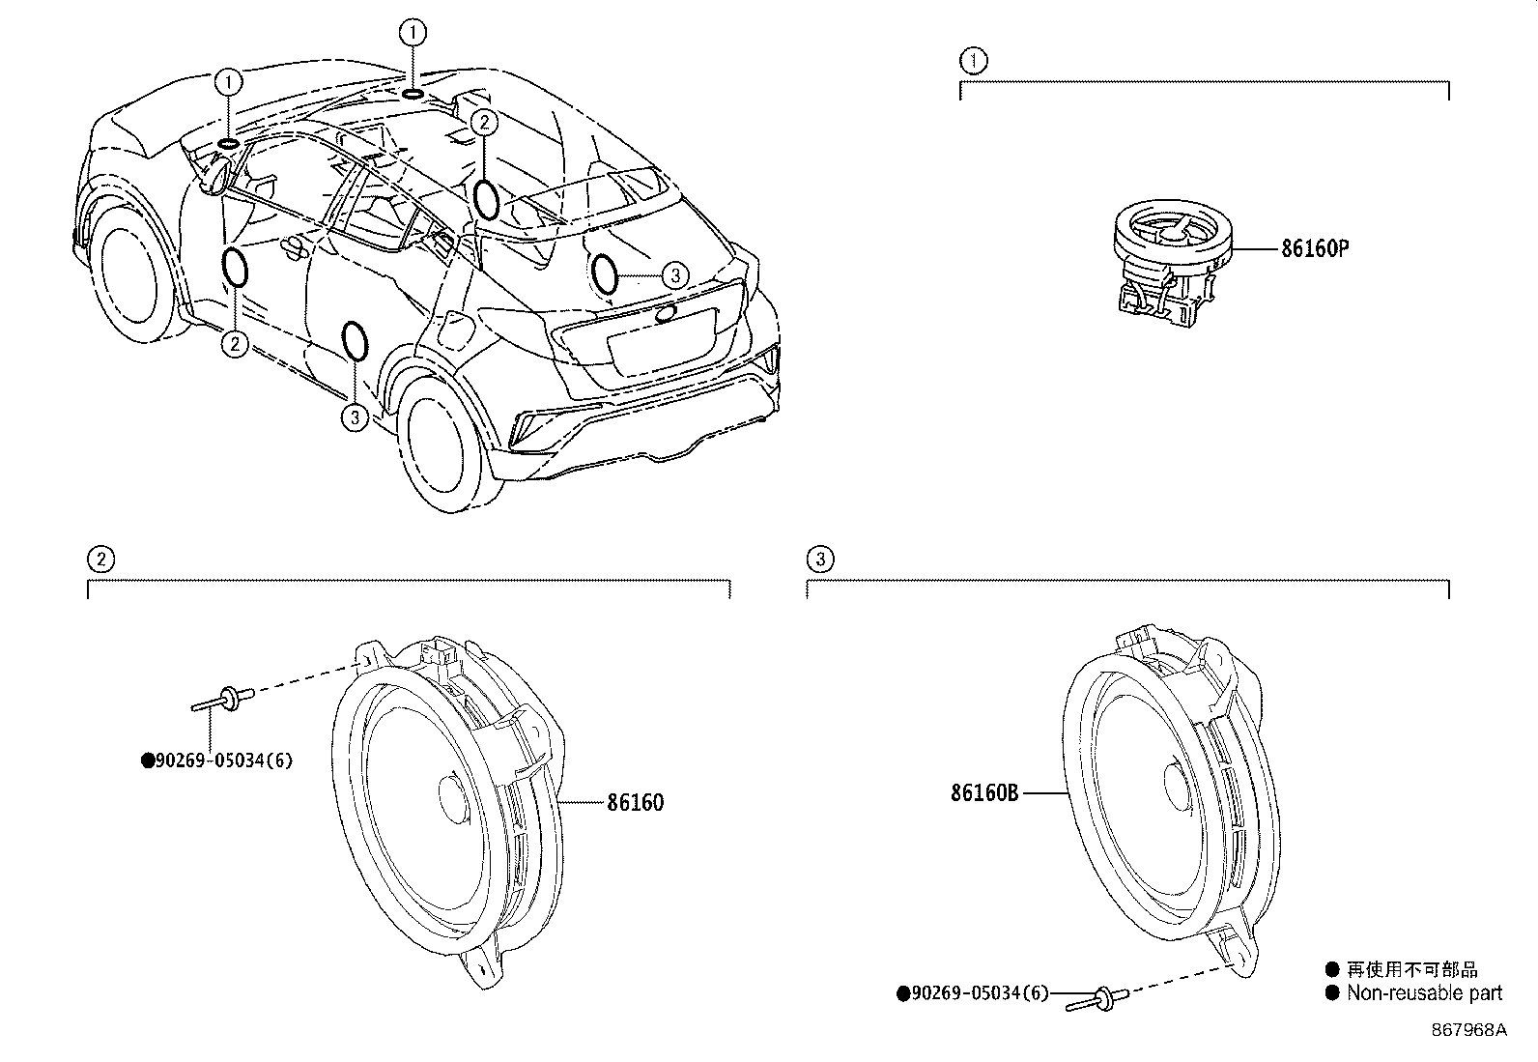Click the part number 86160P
pos(1314,248)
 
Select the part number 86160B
pos(984,793)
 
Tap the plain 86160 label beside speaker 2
pos(635,803)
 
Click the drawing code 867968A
pos(1468,1029)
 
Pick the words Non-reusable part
pos(1424,992)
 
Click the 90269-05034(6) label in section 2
pos(216,761)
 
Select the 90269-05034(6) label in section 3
pos(973,992)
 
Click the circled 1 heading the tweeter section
pos(973,62)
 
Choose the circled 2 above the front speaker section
pos(100,559)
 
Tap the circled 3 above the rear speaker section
pos(819,559)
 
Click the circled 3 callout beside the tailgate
pos(675,275)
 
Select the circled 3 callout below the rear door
pos(355,417)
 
